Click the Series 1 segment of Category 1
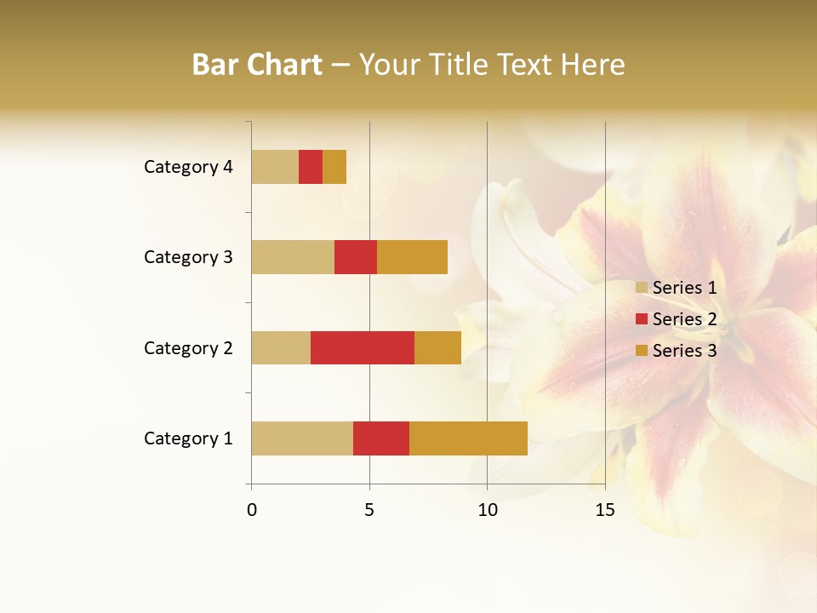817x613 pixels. pos(302,438)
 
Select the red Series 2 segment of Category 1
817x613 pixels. pos(381,438)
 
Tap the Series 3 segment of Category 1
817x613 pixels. pos(468,438)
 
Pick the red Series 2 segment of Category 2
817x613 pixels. pos(363,347)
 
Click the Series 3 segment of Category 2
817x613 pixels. pos(437,347)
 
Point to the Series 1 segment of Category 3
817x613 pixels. pos(293,257)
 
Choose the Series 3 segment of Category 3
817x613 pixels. pos(412,257)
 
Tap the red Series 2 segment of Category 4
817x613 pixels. pos(311,167)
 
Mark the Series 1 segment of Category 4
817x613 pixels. pos(275,167)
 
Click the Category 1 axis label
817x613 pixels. pos(188,438)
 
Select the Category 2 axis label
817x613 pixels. pos(188,347)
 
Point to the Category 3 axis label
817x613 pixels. pos(188,257)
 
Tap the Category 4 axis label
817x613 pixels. pos(188,167)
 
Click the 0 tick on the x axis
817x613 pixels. pos(252,510)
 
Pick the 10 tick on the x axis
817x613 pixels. pos(487,510)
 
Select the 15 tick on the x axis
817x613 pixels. pos(604,510)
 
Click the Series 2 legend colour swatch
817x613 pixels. pos(642,319)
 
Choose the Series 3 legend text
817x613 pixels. pos(684,351)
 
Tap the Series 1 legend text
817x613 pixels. pos(684,288)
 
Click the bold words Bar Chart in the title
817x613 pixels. pos(257,65)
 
